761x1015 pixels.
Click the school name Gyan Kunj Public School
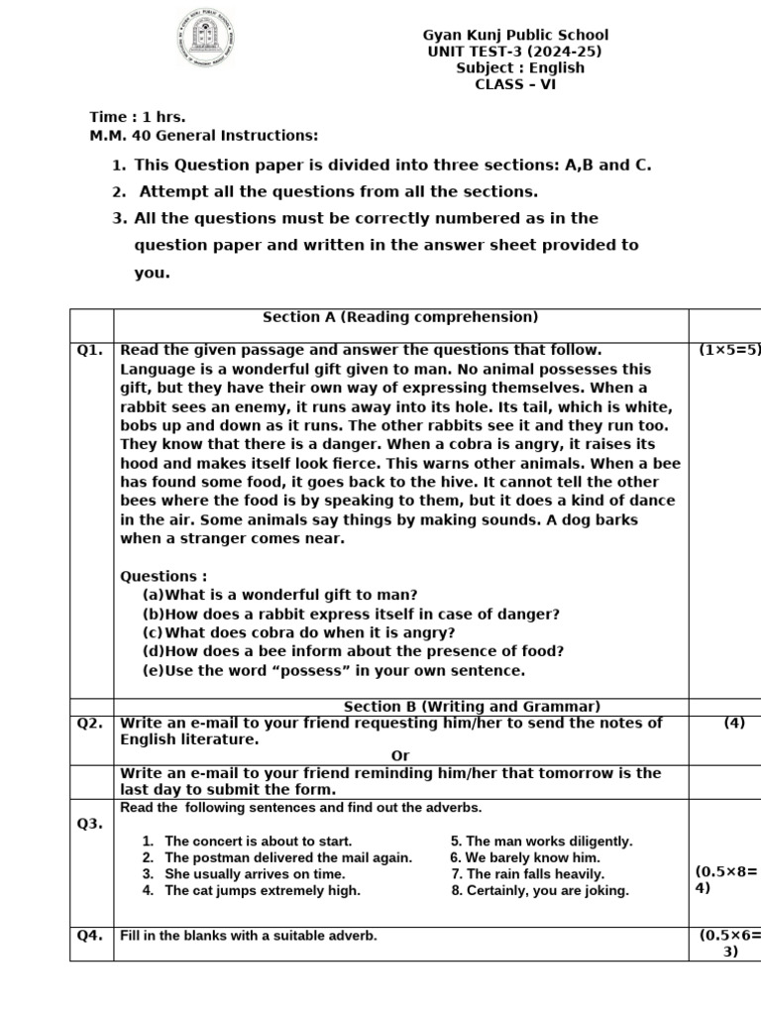[x=515, y=36]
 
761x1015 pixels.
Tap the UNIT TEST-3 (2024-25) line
[x=514, y=52]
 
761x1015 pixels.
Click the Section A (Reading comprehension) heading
[x=399, y=317]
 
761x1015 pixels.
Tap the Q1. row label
[x=90, y=350]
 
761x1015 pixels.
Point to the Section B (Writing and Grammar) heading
[x=472, y=706]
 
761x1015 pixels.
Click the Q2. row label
[x=90, y=724]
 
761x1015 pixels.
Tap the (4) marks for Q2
[x=734, y=724]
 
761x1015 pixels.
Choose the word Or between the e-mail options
[x=400, y=755]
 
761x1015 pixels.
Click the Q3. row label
[x=90, y=823]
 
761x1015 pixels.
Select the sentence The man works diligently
[x=541, y=841]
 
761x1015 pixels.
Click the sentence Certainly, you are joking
[x=540, y=890]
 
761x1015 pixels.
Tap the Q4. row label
[x=90, y=935]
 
